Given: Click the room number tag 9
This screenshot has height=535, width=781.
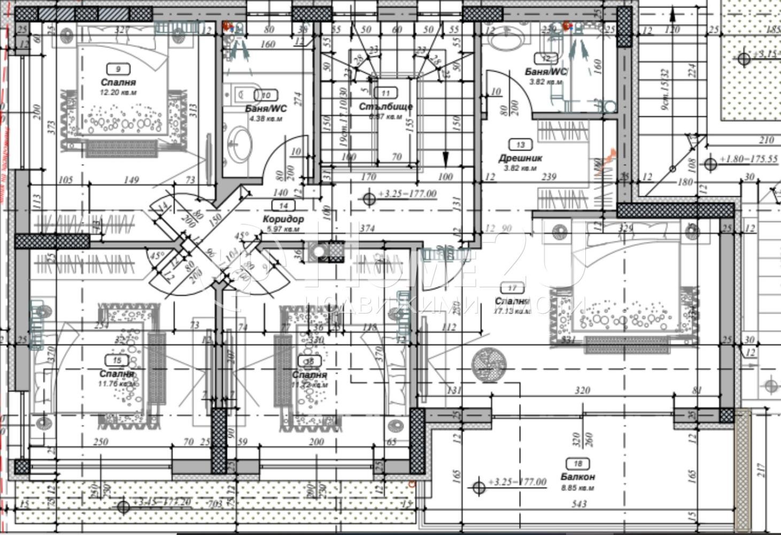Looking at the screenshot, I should pyautogui.click(x=118, y=68).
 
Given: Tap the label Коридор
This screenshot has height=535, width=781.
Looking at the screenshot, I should pyautogui.click(x=283, y=219).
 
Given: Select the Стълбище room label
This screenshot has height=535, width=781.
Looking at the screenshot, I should pyautogui.click(x=385, y=106).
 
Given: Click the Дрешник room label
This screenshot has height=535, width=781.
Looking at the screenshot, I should pyautogui.click(x=520, y=158).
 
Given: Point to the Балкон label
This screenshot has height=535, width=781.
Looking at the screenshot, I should pyautogui.click(x=578, y=477).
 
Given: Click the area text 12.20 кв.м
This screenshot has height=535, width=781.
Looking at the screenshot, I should pyautogui.click(x=118, y=92).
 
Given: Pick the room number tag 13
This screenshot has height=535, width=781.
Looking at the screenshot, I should pyautogui.click(x=520, y=144).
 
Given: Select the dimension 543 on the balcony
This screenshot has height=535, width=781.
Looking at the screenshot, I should pyautogui.click(x=579, y=504).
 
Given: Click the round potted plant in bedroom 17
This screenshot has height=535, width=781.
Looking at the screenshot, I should pyautogui.click(x=489, y=364).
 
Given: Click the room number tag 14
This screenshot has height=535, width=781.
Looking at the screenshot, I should pyautogui.click(x=283, y=205).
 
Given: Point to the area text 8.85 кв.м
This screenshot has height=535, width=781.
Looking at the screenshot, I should pyautogui.click(x=578, y=488).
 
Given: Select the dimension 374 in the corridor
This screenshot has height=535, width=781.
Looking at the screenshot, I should pyautogui.click(x=367, y=229).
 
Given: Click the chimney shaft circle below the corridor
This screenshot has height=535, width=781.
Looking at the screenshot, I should pyautogui.click(x=320, y=251).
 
